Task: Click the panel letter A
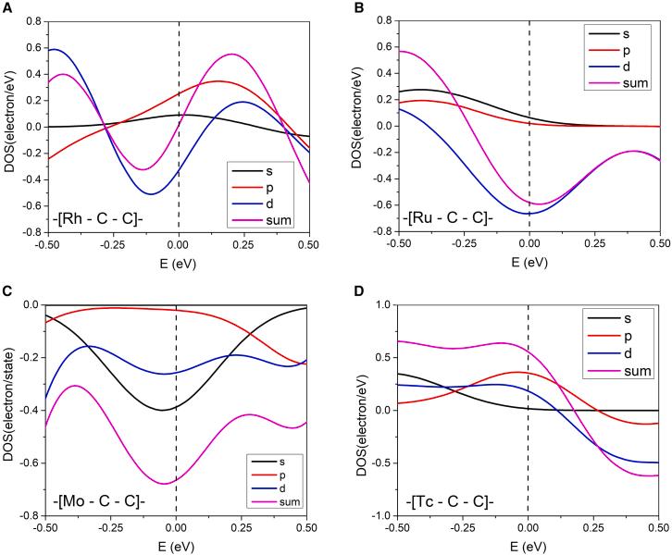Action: (7, 7)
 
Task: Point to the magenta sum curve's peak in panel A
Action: (231, 54)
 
